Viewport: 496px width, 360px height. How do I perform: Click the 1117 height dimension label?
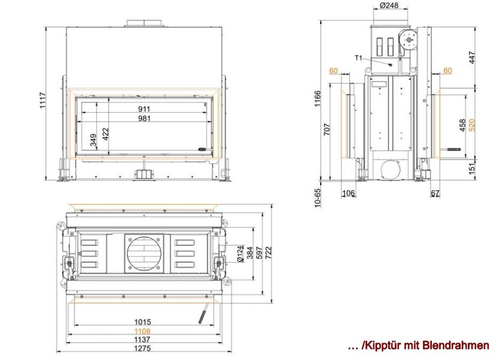(x=43, y=101)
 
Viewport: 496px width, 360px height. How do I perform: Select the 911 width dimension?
(x=144, y=109)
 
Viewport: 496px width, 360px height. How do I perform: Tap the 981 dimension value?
(x=144, y=119)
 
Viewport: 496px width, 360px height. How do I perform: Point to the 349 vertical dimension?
(x=93, y=140)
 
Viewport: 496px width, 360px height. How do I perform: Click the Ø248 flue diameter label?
(x=389, y=5)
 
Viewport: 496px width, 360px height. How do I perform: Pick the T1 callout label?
(x=358, y=58)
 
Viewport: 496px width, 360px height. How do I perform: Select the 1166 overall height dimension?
(x=318, y=98)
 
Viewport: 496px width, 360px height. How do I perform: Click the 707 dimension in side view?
(x=327, y=130)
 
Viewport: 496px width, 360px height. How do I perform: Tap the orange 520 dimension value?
(x=471, y=125)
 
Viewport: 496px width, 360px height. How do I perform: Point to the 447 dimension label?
(x=471, y=58)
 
